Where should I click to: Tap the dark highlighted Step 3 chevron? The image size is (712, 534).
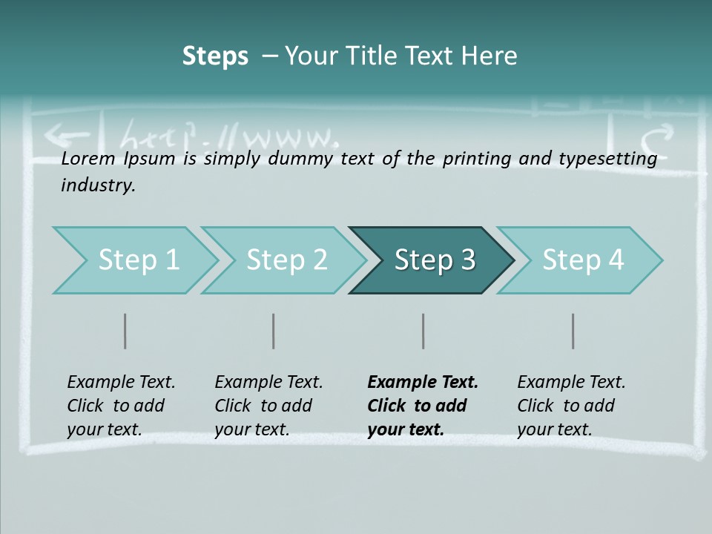point(434,260)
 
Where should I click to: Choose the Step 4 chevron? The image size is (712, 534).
point(582,260)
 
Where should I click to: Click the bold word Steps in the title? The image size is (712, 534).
point(215,56)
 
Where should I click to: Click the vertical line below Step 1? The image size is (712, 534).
point(125,331)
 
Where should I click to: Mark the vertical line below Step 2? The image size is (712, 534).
point(274,331)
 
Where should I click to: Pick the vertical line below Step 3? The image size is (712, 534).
point(423,331)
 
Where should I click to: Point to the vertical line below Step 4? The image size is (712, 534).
point(573,331)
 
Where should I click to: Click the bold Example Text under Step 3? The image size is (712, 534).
point(423,383)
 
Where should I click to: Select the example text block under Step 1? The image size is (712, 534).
point(121,406)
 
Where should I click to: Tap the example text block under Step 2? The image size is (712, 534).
point(268,406)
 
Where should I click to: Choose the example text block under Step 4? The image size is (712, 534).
point(571,406)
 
